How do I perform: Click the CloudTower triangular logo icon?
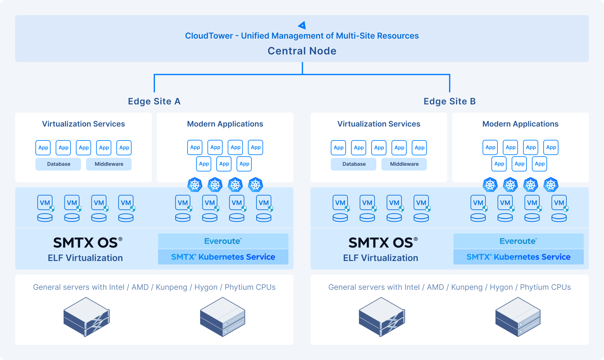click(302, 25)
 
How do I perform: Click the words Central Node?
click(302, 51)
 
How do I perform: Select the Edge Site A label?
click(154, 101)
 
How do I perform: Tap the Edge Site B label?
click(449, 101)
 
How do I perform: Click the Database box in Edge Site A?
click(59, 164)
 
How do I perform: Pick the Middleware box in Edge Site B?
click(404, 164)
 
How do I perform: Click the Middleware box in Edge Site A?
click(109, 164)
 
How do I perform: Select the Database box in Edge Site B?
click(354, 164)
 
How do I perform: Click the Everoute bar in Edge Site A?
click(223, 241)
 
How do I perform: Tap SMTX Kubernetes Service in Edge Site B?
click(518, 257)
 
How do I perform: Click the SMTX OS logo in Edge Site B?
click(383, 243)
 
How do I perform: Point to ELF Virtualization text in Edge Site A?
click(85, 258)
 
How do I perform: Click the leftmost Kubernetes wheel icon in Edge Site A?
click(195, 185)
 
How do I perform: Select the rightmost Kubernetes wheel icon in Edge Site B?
click(551, 185)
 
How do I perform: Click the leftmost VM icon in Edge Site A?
click(45, 203)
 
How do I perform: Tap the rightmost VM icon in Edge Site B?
click(559, 203)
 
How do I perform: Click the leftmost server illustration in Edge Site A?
click(86, 317)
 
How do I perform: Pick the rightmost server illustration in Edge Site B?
click(518, 317)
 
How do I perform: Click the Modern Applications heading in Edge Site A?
click(225, 124)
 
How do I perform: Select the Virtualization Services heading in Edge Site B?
click(379, 124)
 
